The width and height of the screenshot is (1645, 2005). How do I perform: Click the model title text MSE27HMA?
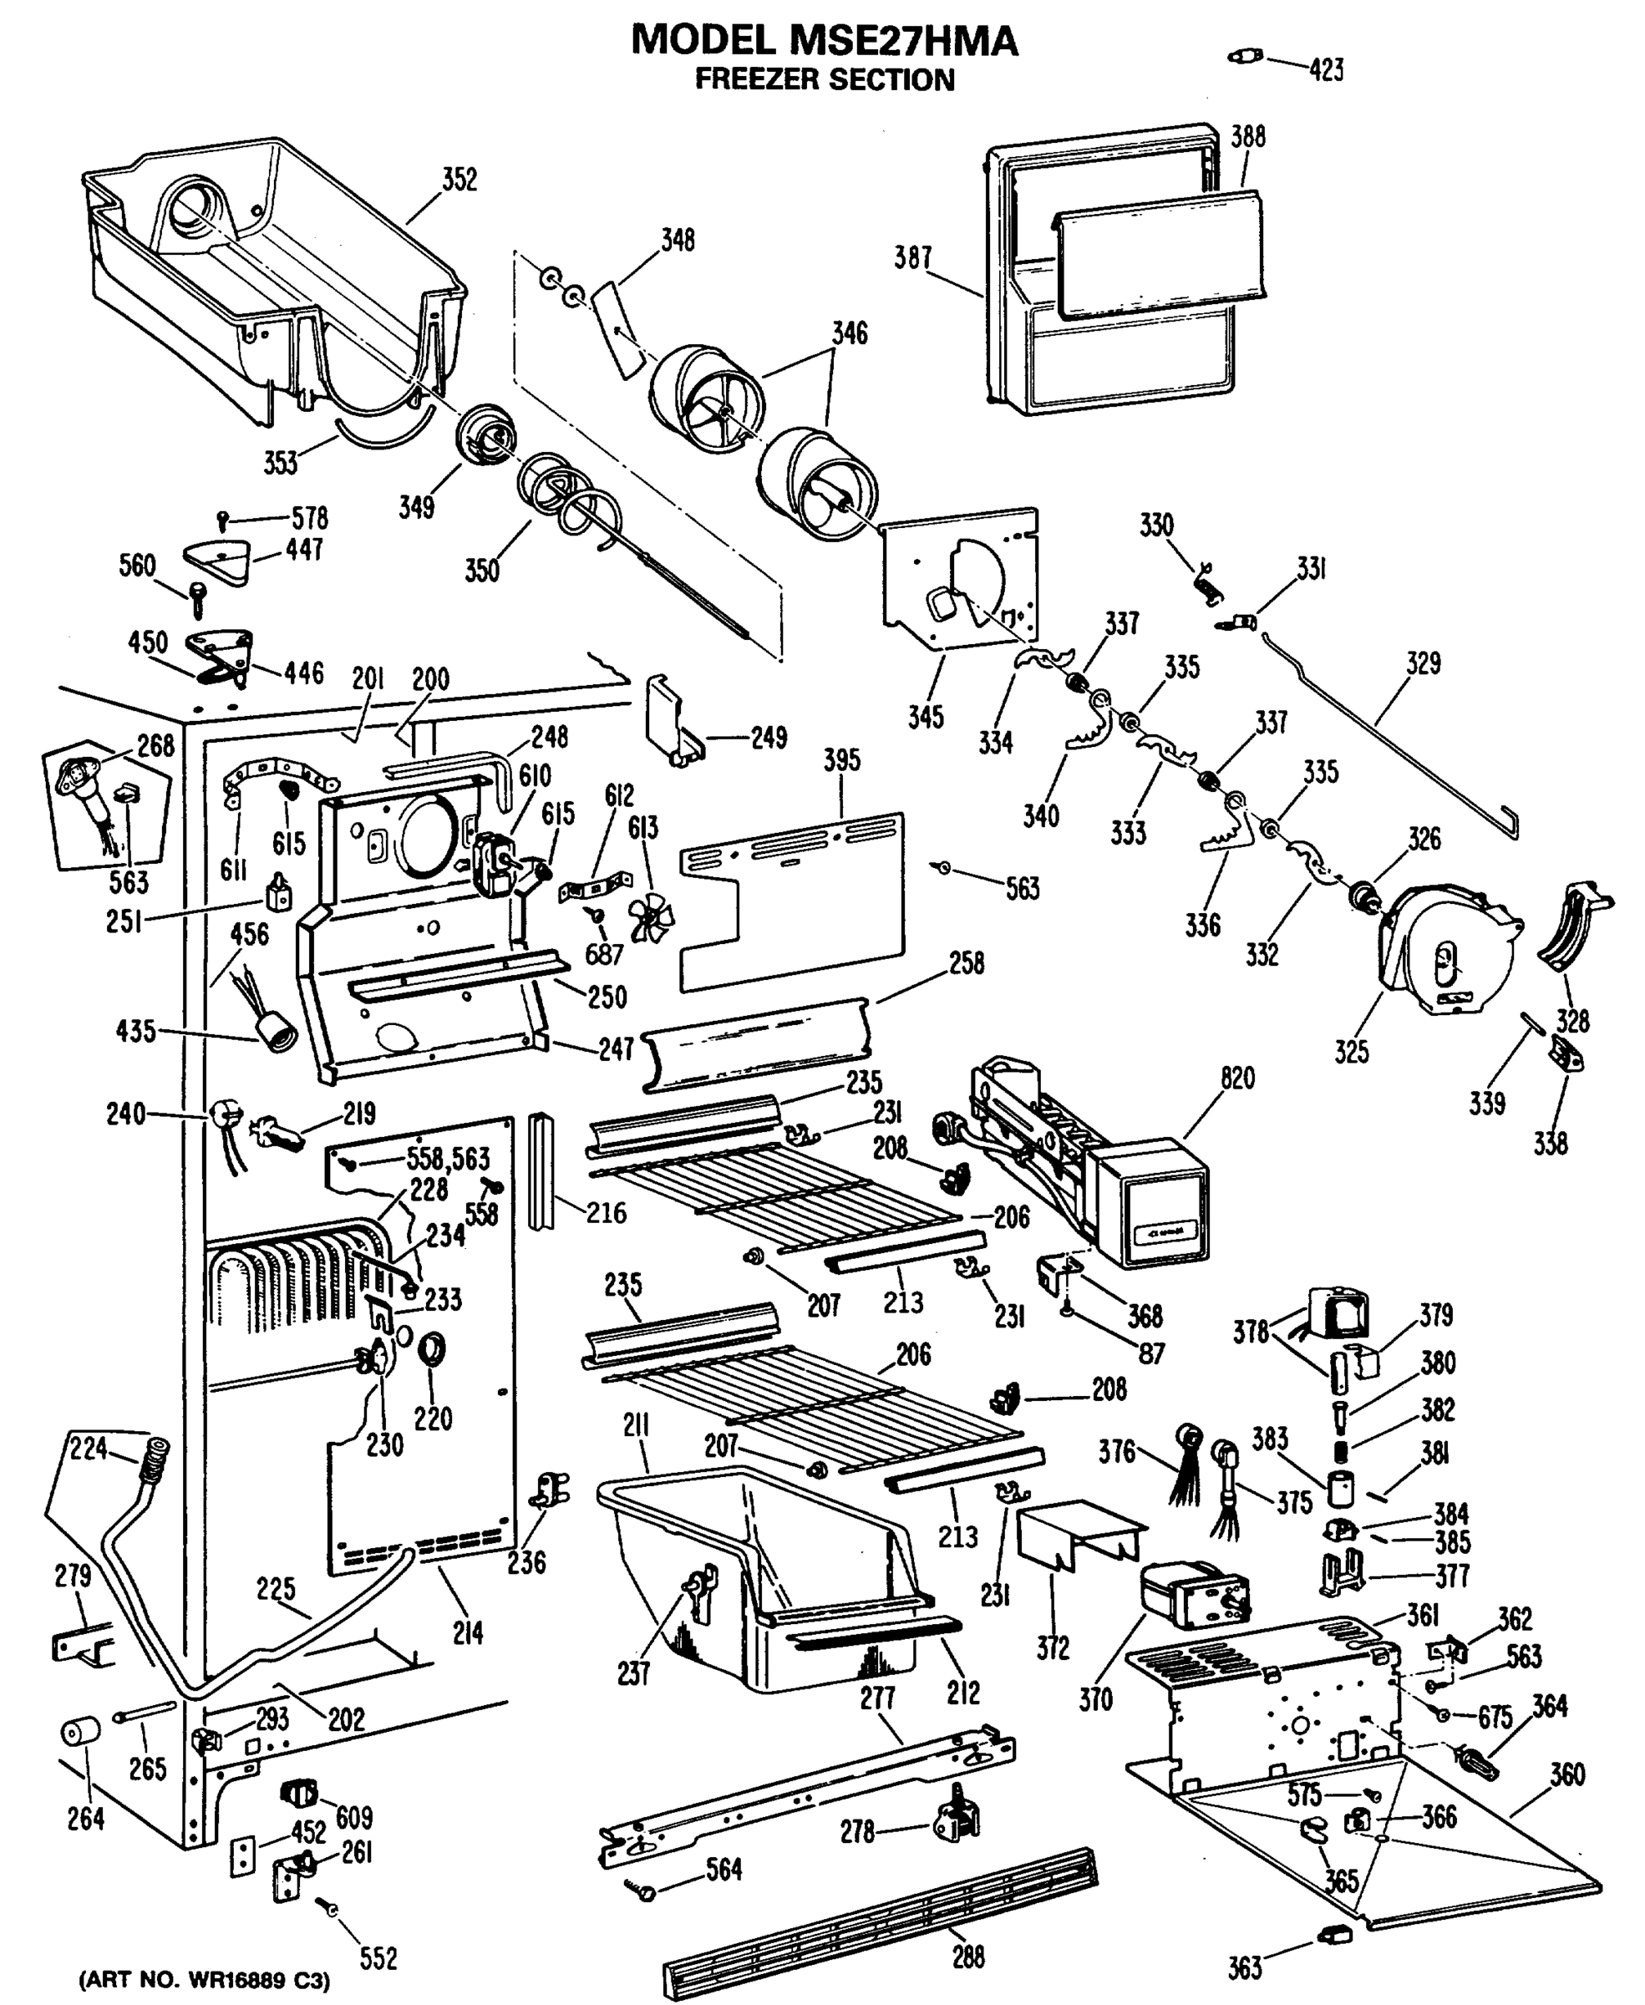tap(824, 41)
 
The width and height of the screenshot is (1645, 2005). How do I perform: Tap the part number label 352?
tap(459, 179)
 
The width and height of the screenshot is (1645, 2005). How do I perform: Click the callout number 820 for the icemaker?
tap(1236, 1079)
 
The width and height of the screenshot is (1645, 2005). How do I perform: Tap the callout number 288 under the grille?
tap(968, 1956)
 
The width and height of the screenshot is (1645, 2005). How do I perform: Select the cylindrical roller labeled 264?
tap(79, 1733)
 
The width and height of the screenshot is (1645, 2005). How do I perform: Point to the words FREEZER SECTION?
tap(825, 80)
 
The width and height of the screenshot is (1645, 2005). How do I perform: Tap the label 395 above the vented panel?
tap(841, 760)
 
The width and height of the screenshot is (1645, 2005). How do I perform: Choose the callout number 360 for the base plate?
tap(1566, 1774)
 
